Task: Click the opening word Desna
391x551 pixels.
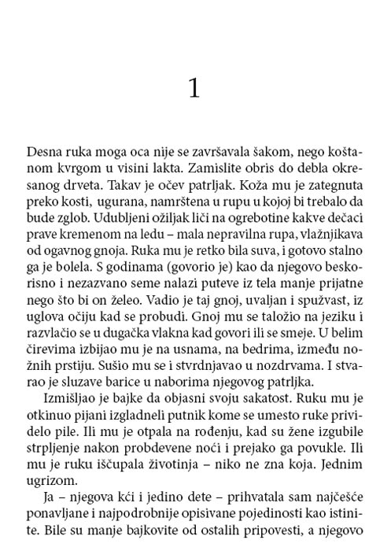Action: click(x=44, y=151)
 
